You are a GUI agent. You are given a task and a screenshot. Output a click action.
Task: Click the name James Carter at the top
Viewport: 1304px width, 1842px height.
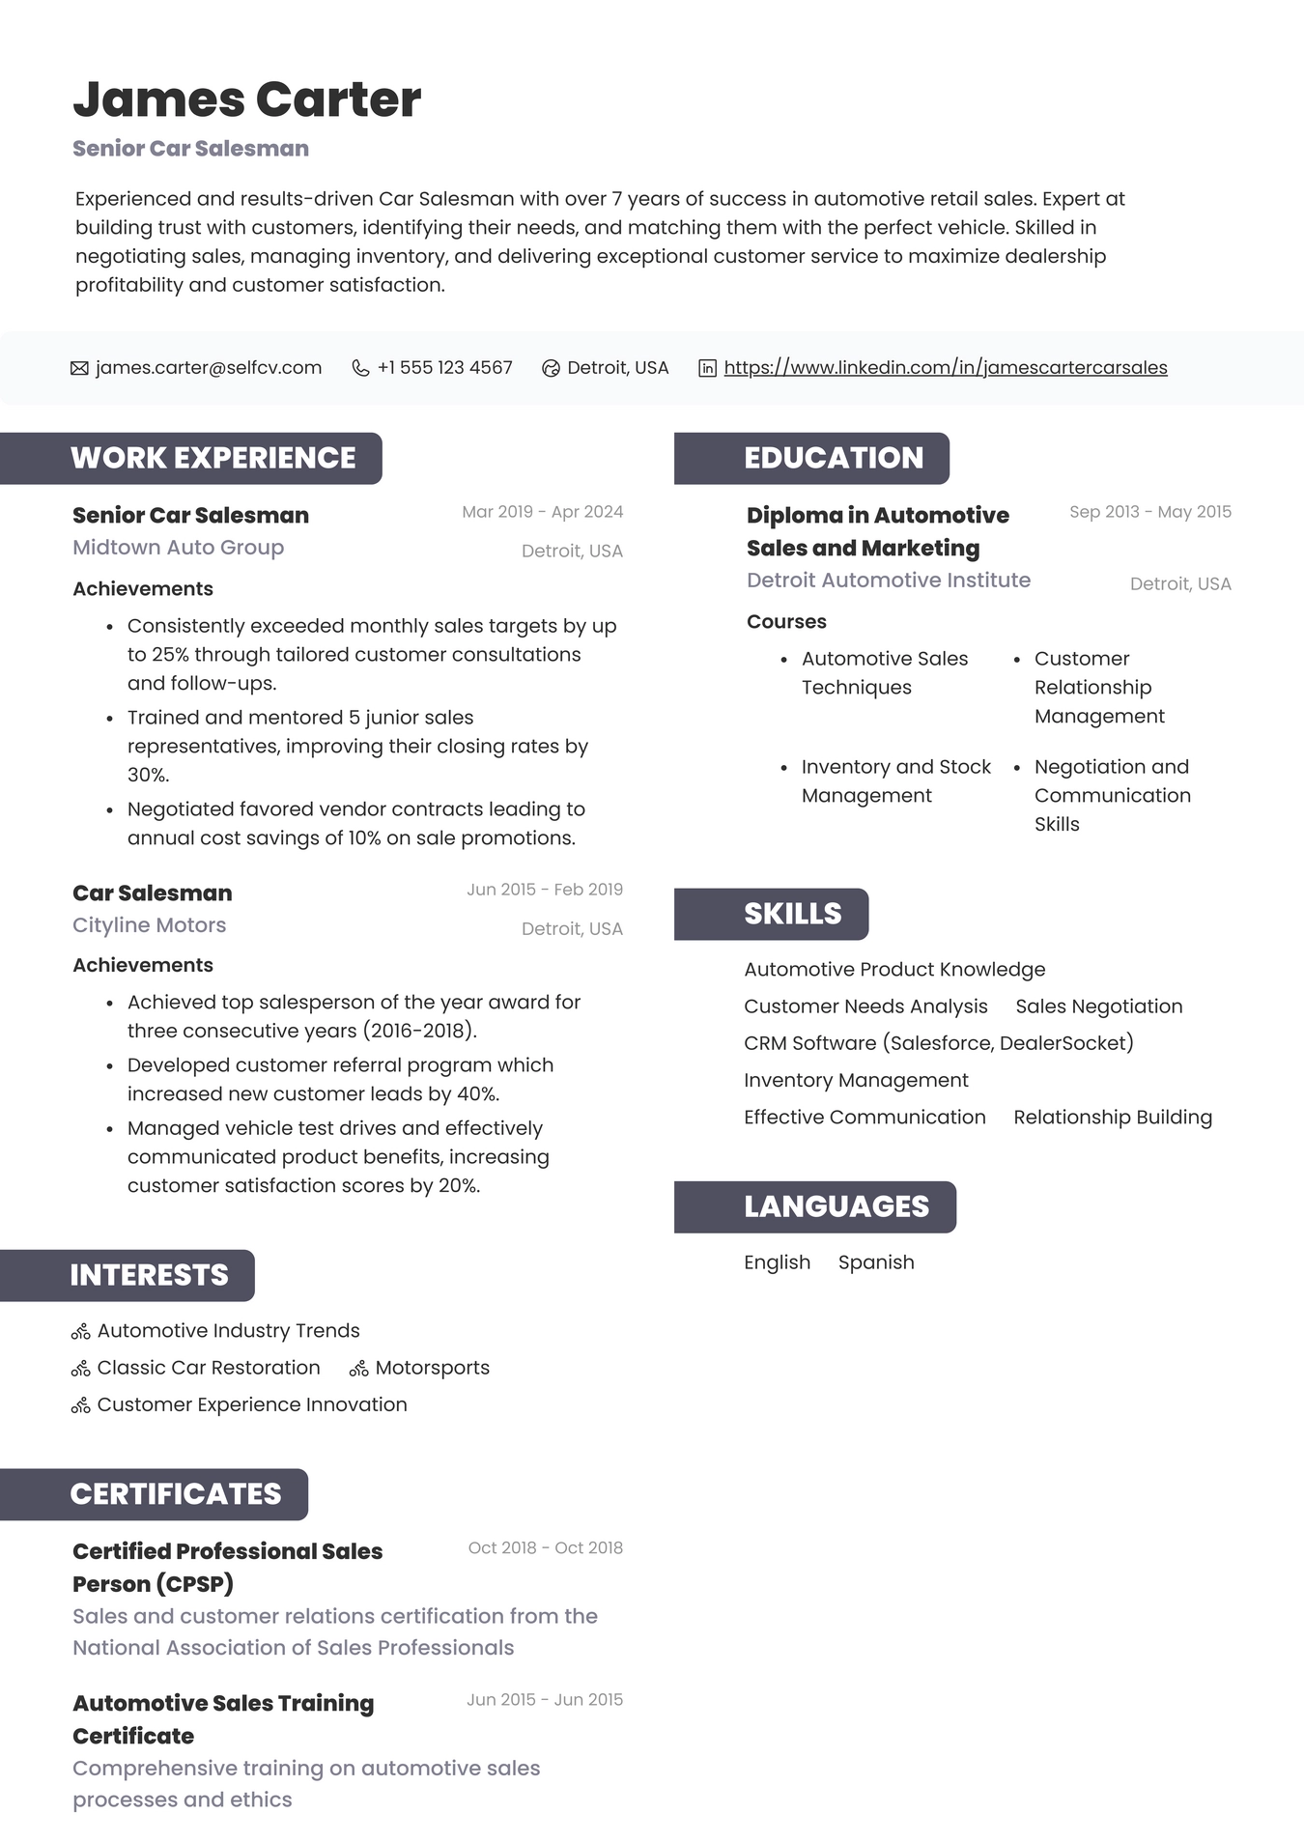tap(246, 99)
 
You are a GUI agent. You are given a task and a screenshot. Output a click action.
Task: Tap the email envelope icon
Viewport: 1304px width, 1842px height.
tap(79, 368)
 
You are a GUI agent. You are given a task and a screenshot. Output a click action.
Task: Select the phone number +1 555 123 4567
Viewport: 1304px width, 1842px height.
tap(444, 368)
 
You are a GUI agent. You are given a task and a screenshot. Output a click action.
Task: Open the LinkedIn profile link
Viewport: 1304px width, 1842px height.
tap(945, 368)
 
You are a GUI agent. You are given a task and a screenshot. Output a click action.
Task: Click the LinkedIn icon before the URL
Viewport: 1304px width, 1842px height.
tap(707, 368)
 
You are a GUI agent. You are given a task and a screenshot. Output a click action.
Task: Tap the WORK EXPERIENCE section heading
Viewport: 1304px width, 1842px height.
tap(213, 458)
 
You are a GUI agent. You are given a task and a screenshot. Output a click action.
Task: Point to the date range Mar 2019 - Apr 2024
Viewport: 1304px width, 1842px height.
tap(542, 512)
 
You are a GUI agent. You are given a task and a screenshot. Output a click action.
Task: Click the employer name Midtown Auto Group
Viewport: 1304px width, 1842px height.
tap(178, 548)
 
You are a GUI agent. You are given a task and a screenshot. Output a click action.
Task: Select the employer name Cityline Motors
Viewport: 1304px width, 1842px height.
tap(149, 925)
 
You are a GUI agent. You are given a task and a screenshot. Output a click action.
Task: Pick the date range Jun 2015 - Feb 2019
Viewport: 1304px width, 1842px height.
tap(544, 890)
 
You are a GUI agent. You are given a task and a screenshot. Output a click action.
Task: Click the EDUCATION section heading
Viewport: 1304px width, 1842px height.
tap(833, 458)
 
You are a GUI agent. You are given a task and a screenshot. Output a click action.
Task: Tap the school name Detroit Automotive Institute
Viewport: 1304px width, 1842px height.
tap(888, 581)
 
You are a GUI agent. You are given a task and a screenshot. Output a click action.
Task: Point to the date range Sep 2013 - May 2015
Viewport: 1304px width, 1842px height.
tap(1149, 512)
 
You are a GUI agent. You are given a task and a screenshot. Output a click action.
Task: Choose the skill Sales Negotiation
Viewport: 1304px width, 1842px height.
tap(1098, 1006)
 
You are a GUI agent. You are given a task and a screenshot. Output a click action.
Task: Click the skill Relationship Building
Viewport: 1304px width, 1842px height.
tap(1112, 1118)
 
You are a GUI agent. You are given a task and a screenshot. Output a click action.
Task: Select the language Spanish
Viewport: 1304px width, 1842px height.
tap(875, 1262)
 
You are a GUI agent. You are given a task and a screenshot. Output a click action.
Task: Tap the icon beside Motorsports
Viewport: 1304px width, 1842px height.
tap(359, 1369)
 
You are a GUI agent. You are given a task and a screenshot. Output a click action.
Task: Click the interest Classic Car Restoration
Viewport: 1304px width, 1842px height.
tap(208, 1368)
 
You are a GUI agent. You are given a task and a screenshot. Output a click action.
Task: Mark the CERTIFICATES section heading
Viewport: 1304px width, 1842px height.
tap(175, 1494)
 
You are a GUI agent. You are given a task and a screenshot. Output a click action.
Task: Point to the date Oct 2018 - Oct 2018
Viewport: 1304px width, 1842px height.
tap(545, 1548)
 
